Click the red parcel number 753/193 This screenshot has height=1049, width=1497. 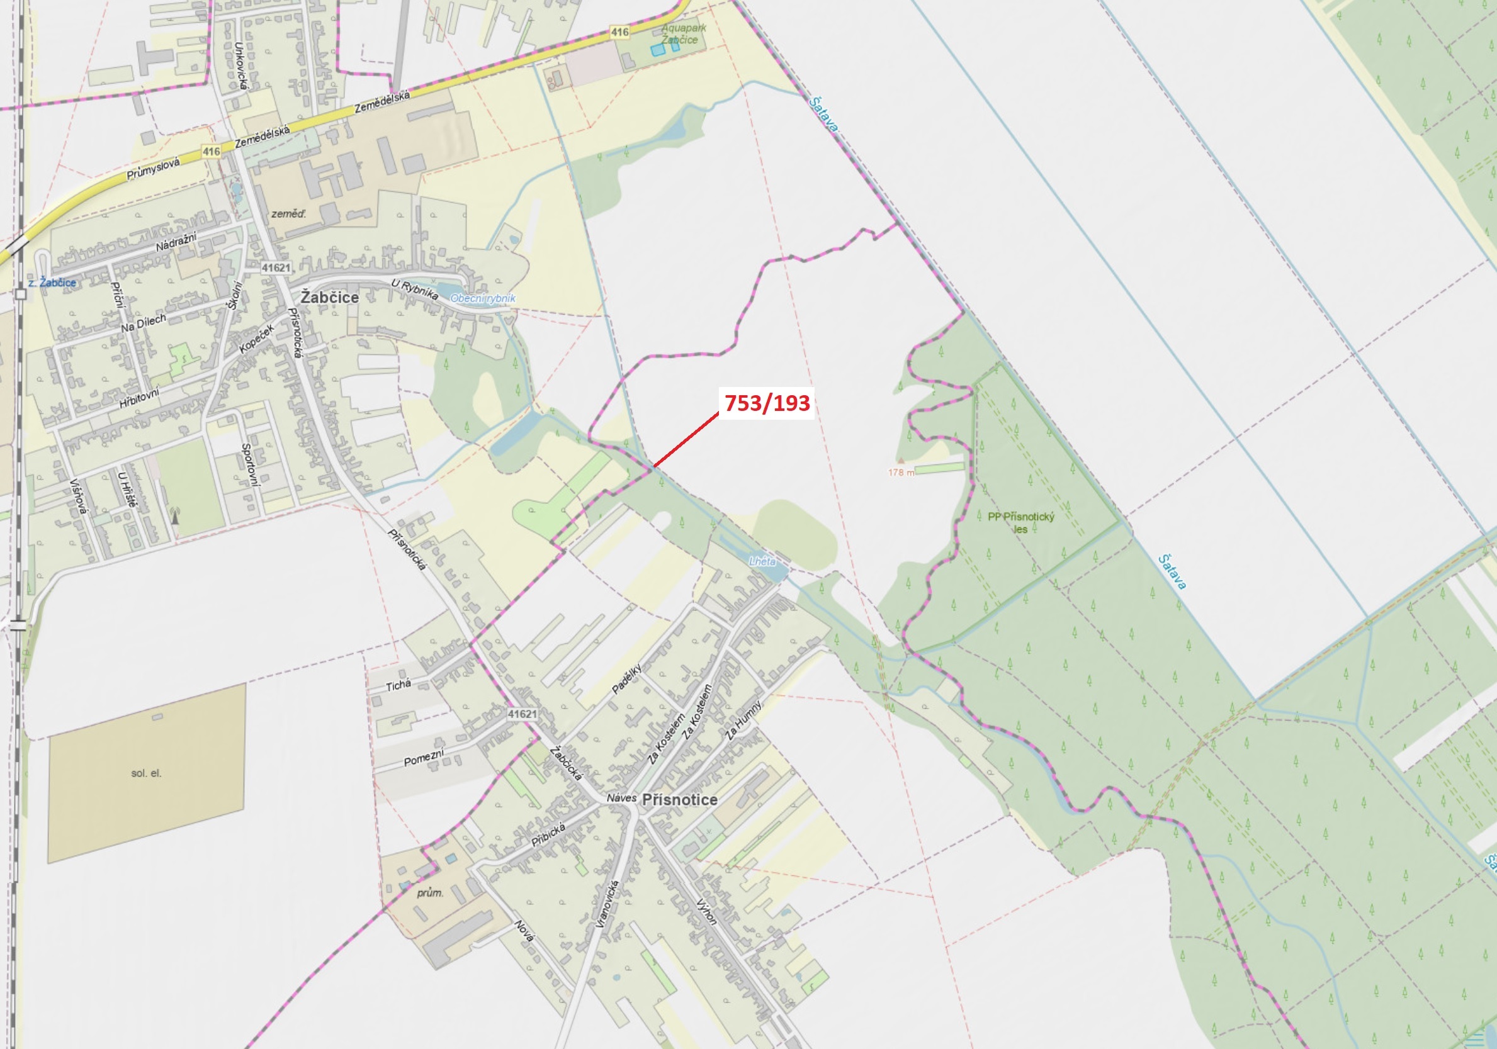pos(767,403)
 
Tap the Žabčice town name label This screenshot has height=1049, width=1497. pos(329,298)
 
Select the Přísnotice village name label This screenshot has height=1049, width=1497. pos(679,799)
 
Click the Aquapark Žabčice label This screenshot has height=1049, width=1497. pos(682,34)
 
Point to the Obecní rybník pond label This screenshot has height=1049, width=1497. pos(482,298)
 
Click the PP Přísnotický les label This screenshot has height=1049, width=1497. pos(1020,522)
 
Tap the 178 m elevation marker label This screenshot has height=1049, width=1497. pos(901,473)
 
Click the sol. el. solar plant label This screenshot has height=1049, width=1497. pos(146,773)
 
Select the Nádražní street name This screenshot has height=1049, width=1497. pos(176,242)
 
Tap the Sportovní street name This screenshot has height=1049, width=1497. pos(251,464)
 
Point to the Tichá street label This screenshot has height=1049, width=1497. pos(398,685)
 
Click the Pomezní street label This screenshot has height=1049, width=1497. pos(424,758)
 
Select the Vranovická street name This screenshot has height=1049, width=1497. pos(606,903)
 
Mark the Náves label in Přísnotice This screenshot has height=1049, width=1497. pos(621,798)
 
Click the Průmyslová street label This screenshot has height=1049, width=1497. pos(152,169)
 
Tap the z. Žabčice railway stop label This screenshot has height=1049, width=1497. pos(52,283)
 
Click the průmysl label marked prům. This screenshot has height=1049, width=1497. pos(430,893)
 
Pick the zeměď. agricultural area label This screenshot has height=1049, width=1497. pos(288,214)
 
